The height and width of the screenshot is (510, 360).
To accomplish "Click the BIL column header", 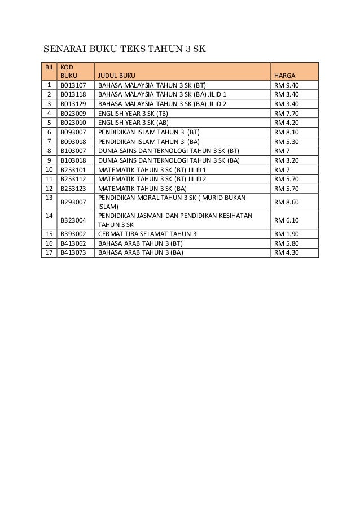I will (x=50, y=67).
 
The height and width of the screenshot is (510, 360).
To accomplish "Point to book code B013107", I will (x=73, y=86).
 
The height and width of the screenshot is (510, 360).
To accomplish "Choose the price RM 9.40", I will (x=286, y=86).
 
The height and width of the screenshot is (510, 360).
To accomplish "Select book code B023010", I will (x=73, y=123).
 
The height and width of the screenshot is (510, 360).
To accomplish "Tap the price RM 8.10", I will (x=286, y=132).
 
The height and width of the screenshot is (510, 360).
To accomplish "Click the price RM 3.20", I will (x=286, y=160).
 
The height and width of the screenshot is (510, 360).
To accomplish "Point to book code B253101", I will (x=73, y=169).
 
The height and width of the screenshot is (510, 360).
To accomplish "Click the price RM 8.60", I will (x=286, y=202).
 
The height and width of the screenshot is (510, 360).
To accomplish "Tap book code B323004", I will (x=73, y=220).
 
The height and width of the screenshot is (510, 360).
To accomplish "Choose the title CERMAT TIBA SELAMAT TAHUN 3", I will (x=148, y=234).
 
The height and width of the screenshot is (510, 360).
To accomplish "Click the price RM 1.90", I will (x=286, y=234).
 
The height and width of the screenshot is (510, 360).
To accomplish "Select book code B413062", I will (x=73, y=243).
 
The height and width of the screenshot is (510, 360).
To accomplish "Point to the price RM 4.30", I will (x=286, y=252).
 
